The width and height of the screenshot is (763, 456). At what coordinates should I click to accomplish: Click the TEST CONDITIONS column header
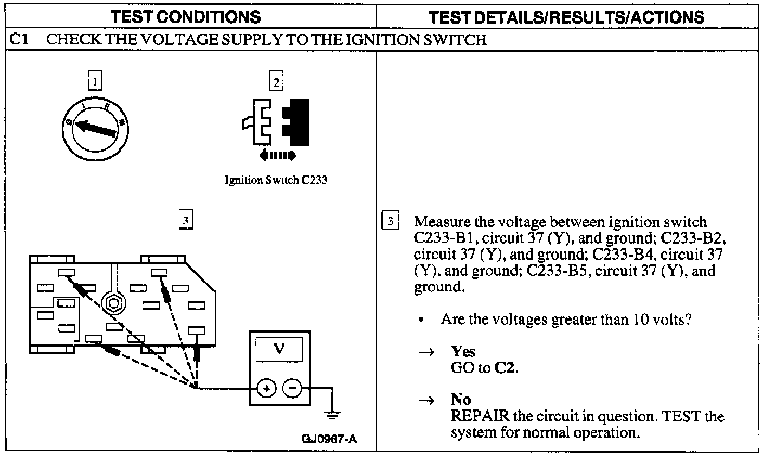[185, 16]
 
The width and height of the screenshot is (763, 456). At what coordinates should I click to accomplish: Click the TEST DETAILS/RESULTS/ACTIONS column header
[567, 16]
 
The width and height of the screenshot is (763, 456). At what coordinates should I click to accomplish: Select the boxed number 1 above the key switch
[95, 81]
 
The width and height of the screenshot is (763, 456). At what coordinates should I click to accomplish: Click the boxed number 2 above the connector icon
[276, 82]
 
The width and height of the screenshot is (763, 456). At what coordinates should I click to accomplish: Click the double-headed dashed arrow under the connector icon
[277, 156]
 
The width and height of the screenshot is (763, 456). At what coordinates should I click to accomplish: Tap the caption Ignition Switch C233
[276, 180]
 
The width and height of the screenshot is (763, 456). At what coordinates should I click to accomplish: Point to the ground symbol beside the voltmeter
[331, 415]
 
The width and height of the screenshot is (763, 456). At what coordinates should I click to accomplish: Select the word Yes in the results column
[463, 351]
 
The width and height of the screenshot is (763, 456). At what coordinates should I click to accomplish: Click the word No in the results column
[461, 400]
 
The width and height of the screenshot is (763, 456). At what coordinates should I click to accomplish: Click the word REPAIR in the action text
[479, 416]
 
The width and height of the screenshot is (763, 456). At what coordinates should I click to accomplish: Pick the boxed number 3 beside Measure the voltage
[390, 221]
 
